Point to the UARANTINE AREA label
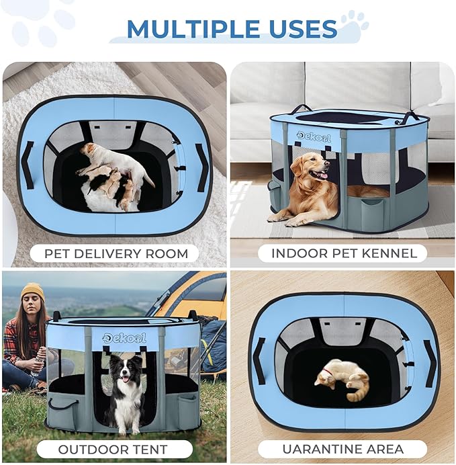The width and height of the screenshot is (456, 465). (343, 449)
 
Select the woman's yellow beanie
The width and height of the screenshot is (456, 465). (32, 291)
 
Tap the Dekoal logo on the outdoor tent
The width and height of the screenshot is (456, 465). (124, 337)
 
